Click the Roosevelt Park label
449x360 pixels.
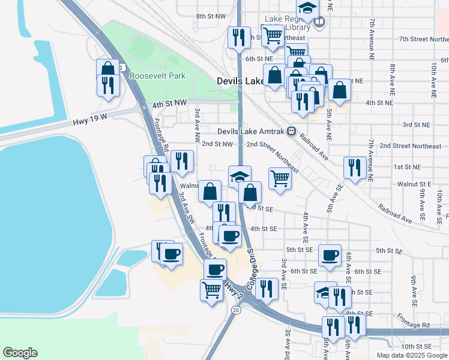click(x=158, y=76)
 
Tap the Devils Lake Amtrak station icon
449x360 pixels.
click(x=291, y=131)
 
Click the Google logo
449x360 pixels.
click(x=20, y=353)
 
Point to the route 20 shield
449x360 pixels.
click(x=235, y=310)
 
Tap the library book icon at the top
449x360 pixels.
click(x=319, y=23)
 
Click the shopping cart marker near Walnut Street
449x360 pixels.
click(x=280, y=178)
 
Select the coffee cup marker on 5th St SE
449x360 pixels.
click(x=330, y=255)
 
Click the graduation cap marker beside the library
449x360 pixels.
click(x=307, y=9)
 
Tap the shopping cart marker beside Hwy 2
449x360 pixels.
click(x=211, y=290)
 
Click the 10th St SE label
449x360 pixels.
click(x=417, y=346)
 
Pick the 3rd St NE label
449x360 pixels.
click(x=416, y=125)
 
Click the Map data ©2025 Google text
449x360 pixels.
click(x=411, y=355)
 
